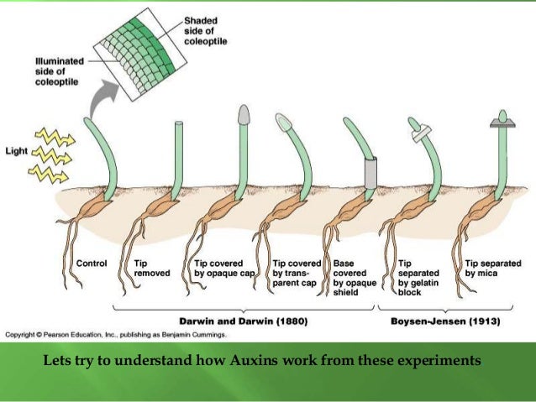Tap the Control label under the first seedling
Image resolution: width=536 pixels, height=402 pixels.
[x=92, y=264]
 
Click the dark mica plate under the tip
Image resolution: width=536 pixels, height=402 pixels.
[x=503, y=125]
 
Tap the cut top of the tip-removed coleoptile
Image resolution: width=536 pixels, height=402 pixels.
[x=178, y=124]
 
